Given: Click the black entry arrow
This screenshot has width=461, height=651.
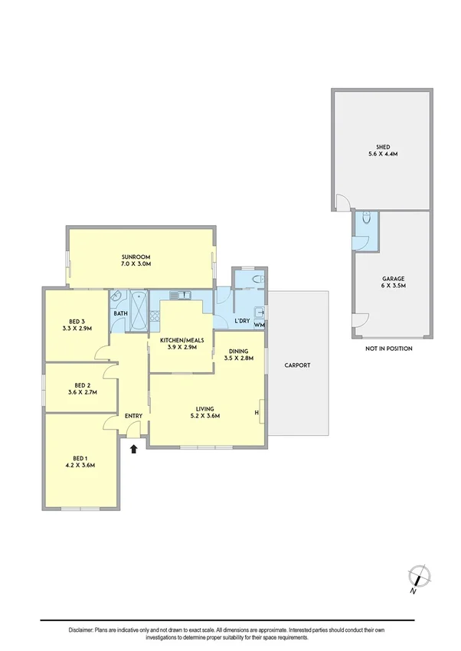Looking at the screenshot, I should [x=135, y=450].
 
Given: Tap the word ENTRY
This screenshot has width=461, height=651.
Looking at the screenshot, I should [x=133, y=416].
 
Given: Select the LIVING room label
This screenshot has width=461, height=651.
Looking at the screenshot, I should [x=204, y=413].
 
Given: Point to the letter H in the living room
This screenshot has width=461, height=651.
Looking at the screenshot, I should [x=257, y=414].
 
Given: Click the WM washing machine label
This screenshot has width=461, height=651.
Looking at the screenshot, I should [x=259, y=325].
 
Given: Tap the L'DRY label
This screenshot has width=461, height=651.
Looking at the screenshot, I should [x=243, y=320].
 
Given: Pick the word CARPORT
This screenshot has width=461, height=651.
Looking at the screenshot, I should [x=297, y=365].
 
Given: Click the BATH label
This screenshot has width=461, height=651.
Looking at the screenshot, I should [x=120, y=313].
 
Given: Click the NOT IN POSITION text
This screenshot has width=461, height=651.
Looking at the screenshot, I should [x=390, y=348].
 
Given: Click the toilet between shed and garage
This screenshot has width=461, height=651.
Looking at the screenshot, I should [x=367, y=219].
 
